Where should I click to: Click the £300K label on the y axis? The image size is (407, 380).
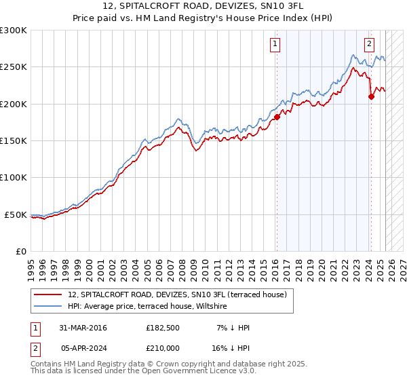click(14, 31)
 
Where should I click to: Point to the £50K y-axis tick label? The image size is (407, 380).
click(16, 214)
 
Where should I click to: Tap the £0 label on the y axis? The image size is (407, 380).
click(20, 251)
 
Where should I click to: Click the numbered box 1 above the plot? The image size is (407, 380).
click(275, 45)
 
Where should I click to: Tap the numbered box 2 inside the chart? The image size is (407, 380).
click(369, 45)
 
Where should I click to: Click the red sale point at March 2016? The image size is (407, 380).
click(277, 117)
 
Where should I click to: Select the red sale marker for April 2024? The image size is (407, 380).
click(371, 97)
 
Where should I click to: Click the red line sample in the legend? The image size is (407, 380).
click(48, 294)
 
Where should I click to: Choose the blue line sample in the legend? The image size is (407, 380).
click(48, 307)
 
